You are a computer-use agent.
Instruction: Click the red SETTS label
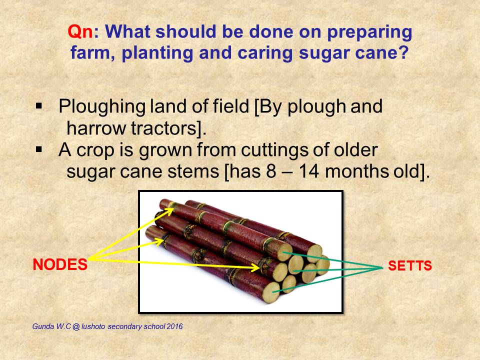point(410,266)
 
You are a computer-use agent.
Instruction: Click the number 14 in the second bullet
point(304,172)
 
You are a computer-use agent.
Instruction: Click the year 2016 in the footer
point(174,327)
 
